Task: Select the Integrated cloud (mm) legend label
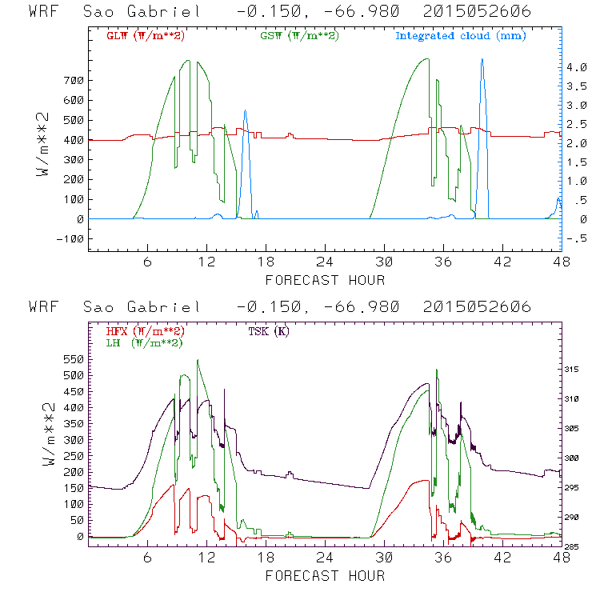click(461, 36)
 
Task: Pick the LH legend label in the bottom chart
click(145, 342)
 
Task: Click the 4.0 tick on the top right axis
click(577, 68)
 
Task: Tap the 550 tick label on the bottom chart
click(71, 360)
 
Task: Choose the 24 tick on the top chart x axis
click(324, 262)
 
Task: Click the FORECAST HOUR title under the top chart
click(324, 280)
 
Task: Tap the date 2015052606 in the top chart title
click(478, 13)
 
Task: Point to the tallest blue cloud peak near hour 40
click(482, 60)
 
